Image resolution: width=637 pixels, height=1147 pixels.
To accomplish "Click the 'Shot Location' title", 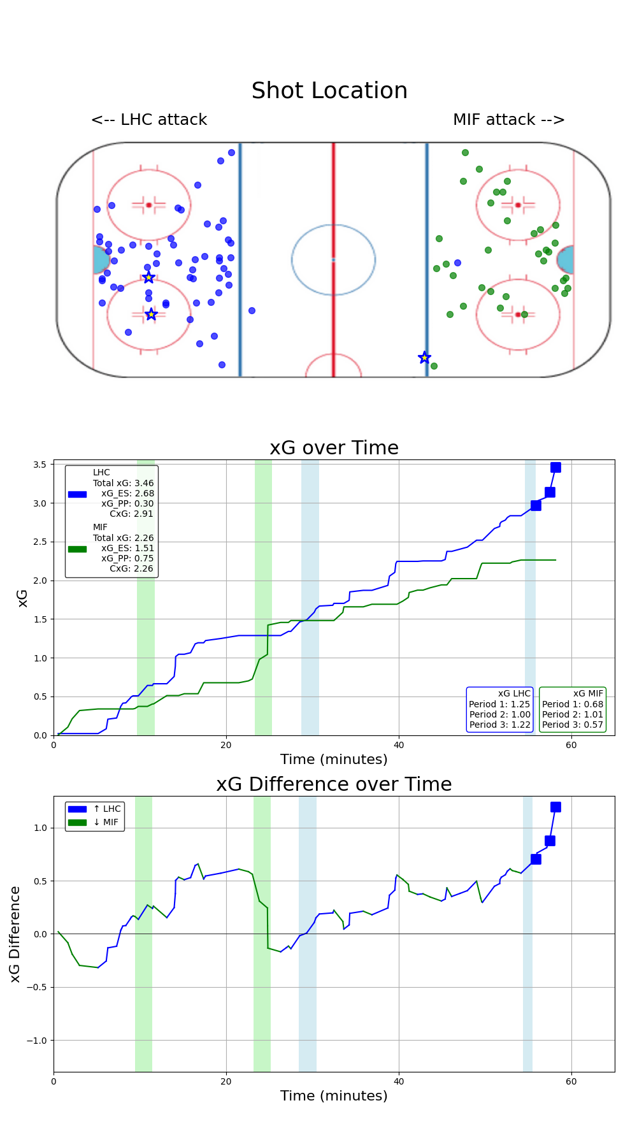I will (x=329, y=91).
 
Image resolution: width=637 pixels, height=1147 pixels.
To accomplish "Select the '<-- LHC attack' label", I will (x=149, y=120).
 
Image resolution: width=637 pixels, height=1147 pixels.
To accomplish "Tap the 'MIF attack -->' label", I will (x=508, y=120).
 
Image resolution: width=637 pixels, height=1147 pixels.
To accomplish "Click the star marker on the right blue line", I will (x=424, y=357).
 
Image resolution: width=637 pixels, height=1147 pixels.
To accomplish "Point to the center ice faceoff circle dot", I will (x=333, y=259).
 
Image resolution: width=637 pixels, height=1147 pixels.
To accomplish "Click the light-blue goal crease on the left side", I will (x=100, y=260).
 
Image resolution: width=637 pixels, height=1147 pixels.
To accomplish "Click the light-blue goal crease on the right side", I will (x=566, y=260).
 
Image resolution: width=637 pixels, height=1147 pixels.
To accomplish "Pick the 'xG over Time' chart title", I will (x=334, y=448).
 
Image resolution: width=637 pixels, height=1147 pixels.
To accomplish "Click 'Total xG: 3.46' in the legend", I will (x=123, y=483).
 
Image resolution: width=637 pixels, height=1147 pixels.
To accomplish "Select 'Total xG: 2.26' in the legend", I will (x=123, y=538).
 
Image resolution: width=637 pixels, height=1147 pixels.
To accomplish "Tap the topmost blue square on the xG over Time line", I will (x=555, y=467).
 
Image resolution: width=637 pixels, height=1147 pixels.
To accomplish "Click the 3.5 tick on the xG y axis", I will (x=39, y=465).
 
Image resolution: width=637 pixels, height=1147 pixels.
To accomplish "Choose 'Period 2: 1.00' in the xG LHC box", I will (x=500, y=714).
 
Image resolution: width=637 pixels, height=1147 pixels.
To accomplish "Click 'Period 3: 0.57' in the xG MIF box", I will (x=572, y=725).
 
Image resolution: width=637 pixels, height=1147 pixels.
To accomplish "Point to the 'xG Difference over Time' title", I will (x=334, y=784).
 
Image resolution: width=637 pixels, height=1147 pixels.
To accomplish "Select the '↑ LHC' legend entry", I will (x=106, y=809).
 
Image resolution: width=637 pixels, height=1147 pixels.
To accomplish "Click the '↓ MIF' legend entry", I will (x=106, y=822).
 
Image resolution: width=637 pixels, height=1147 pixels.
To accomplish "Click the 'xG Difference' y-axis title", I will (x=15, y=934).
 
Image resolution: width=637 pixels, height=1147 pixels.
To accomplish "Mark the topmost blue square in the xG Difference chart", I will (x=555, y=807).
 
